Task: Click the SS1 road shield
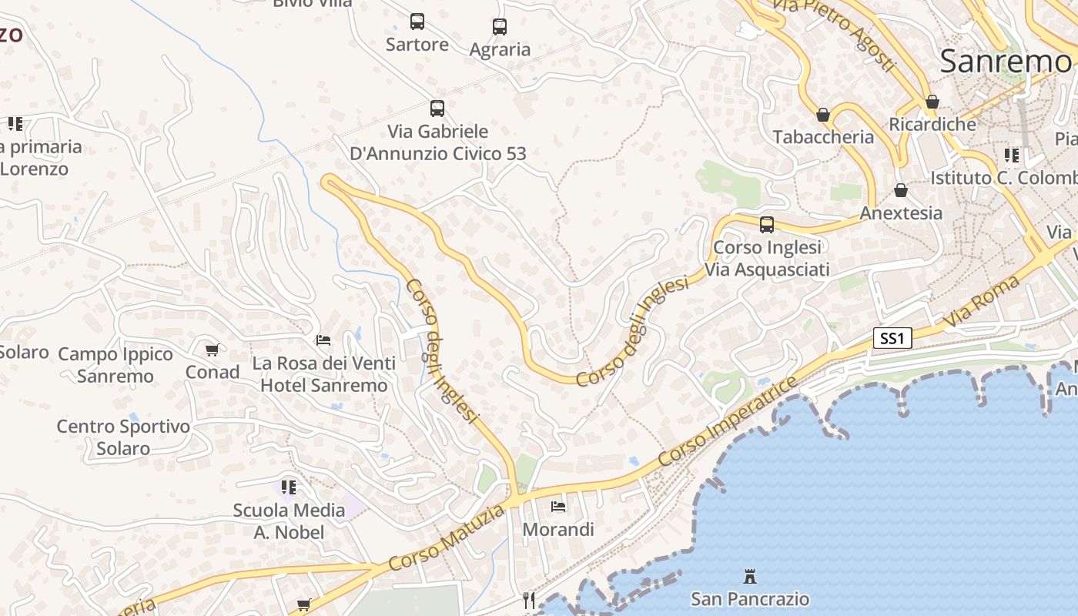(x=892, y=338)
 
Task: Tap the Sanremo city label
(x=1006, y=61)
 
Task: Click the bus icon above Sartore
(x=417, y=22)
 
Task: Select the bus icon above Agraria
(x=500, y=27)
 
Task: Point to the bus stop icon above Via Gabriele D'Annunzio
(x=437, y=109)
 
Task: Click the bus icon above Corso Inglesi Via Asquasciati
(x=767, y=225)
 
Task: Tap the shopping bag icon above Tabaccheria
(x=823, y=115)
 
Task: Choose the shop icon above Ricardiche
(x=932, y=102)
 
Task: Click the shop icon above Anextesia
(x=901, y=190)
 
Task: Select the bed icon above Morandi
(x=558, y=507)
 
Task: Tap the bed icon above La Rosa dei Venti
(x=324, y=340)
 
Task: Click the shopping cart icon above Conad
(x=213, y=350)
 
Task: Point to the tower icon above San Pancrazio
(x=749, y=576)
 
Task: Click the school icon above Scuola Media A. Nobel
(x=289, y=487)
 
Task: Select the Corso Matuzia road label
(x=447, y=538)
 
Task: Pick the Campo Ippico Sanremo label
(x=115, y=365)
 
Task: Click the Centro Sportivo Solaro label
(x=123, y=437)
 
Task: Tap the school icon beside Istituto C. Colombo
(x=1012, y=156)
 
